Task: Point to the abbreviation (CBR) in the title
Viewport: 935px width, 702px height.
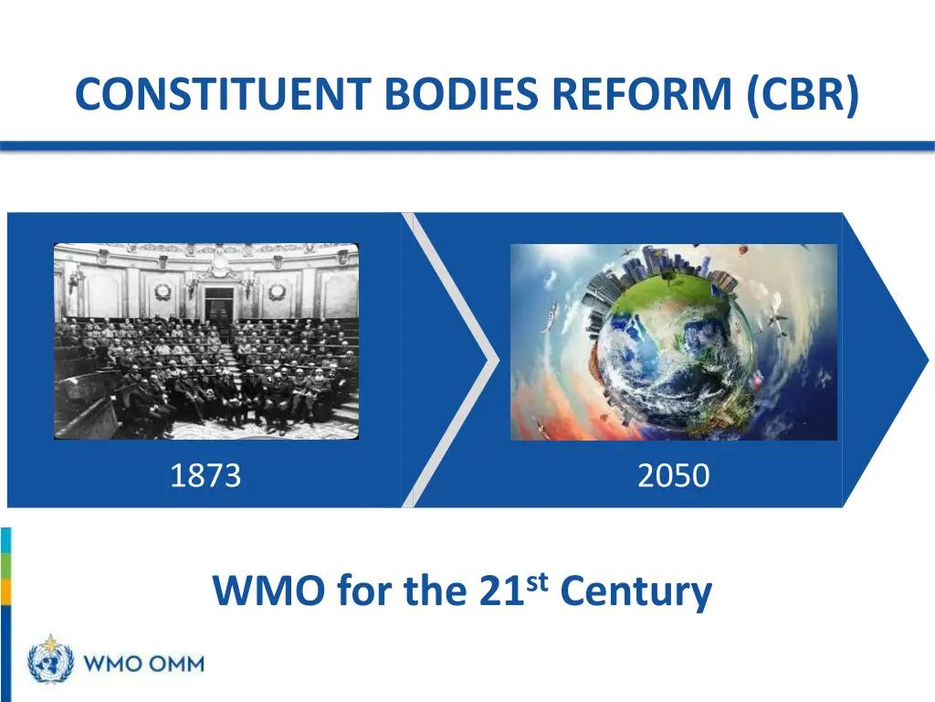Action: coord(802,94)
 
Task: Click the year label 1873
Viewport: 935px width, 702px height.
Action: coord(205,475)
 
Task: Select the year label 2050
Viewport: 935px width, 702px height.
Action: coord(673,475)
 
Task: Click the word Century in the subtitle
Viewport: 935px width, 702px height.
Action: coord(636,591)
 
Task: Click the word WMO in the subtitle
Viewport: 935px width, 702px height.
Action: coord(269,591)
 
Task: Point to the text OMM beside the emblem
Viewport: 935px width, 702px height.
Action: coord(174,663)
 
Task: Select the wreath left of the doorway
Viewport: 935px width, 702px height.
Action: coord(163,292)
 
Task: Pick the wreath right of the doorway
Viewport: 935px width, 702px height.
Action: coord(276,292)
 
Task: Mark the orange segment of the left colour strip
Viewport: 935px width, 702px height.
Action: coord(5,592)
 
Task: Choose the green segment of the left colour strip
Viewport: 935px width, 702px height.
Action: coord(5,567)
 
